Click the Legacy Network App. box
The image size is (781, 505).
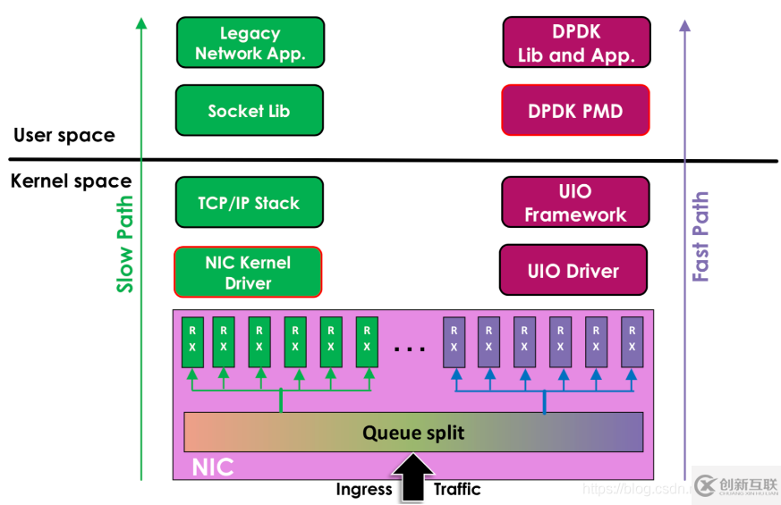[x=250, y=43]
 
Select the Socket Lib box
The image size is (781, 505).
[x=249, y=111]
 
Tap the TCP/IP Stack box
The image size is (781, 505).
[x=249, y=203]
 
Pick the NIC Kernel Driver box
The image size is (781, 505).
[x=248, y=273]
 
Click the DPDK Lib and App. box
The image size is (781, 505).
[x=576, y=43]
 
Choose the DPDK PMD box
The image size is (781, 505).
[x=575, y=111]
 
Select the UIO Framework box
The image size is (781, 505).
[x=575, y=203]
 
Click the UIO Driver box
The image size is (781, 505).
[x=573, y=271]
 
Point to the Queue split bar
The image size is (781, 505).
[x=413, y=433]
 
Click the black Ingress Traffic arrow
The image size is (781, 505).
[x=412, y=476]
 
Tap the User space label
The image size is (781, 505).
[x=64, y=136]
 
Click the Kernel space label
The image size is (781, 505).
[x=71, y=181]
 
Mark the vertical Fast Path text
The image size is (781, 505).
[x=700, y=237]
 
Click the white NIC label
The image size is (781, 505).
[x=213, y=467]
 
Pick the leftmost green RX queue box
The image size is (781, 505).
[x=192, y=341]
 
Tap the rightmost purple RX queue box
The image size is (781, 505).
[x=632, y=341]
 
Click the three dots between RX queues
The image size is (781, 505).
[x=410, y=349]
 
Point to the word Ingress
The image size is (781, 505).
[x=364, y=490]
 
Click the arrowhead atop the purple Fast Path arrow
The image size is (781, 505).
[x=685, y=25]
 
